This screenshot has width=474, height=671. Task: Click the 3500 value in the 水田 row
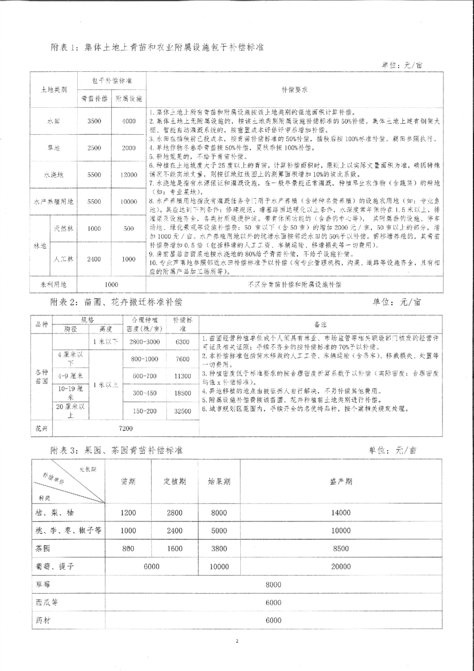click(93, 121)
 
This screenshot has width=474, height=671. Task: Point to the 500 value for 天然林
click(129, 228)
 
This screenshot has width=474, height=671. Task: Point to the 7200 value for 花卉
click(126, 429)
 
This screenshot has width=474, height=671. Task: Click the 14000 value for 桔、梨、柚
click(341, 512)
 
